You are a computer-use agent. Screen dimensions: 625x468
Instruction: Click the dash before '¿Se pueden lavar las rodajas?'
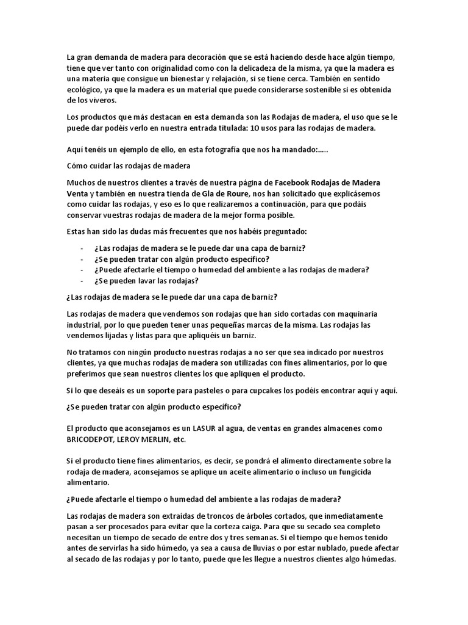82,281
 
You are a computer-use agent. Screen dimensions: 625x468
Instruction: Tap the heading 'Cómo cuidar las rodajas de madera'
128,165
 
